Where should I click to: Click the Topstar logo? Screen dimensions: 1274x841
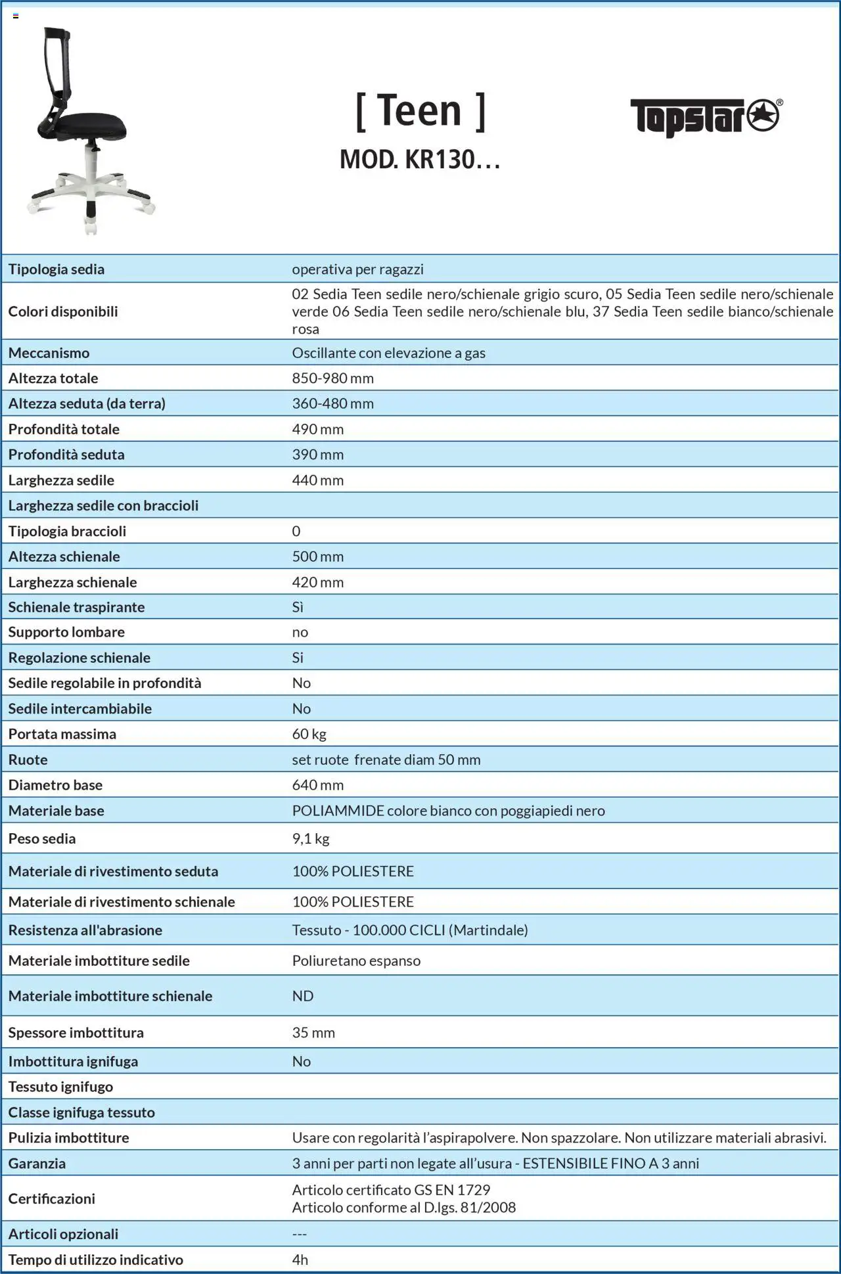[706, 117]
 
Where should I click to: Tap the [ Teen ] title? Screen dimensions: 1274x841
[420, 111]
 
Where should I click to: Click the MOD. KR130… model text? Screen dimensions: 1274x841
[420, 160]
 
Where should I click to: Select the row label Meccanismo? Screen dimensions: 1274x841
[49, 353]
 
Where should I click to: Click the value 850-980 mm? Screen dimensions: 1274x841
[332, 378]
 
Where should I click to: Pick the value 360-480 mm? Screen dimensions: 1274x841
[332, 403]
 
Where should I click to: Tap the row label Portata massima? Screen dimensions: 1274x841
[62, 734]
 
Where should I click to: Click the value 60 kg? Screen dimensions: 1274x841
[309, 734]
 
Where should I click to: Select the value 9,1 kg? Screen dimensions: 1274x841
[310, 838]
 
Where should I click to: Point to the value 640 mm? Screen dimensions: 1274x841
[317, 785]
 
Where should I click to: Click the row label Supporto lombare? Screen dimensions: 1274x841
[66, 632]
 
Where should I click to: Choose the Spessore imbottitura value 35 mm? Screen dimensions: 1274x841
[313, 1033]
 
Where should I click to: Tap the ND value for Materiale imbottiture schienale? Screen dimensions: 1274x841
[302, 996]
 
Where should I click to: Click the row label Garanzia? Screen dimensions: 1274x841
[37, 1164]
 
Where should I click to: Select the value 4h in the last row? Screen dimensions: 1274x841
[300, 1260]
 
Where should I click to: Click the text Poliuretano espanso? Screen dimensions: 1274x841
[356, 961]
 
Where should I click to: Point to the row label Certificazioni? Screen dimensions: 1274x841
[51, 1198]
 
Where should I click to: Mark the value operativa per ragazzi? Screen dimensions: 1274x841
[357, 269]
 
